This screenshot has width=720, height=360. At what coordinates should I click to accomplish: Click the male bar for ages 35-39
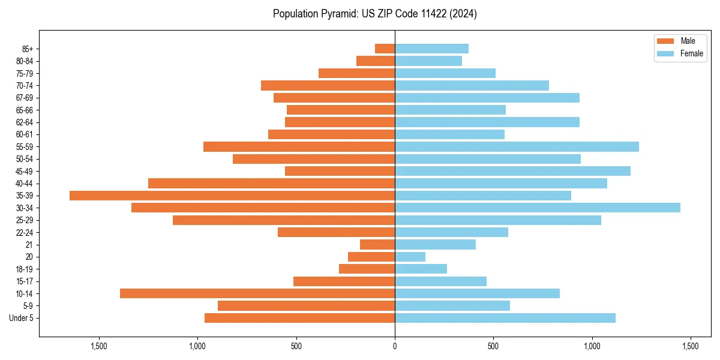point(232,196)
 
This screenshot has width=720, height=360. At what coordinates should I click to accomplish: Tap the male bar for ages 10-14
point(257,293)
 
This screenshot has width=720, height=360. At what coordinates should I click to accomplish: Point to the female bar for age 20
point(410,257)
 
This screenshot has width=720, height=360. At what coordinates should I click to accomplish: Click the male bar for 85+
point(385,49)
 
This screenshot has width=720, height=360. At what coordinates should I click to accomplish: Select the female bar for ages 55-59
point(517,146)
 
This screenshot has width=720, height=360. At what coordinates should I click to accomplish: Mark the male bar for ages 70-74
point(328,85)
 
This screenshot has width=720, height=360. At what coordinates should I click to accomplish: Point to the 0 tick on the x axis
point(395,346)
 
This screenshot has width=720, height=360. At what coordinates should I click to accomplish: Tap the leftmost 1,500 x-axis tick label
point(99,346)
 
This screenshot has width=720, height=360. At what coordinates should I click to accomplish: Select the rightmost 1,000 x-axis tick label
point(592,346)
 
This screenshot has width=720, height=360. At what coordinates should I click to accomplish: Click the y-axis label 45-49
point(25,171)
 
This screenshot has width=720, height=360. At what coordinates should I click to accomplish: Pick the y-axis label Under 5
point(21,318)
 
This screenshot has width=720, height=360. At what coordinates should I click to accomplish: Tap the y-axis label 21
point(29,245)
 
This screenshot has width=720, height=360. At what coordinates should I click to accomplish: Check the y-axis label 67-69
point(25,98)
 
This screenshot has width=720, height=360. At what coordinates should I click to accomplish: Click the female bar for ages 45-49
point(512,171)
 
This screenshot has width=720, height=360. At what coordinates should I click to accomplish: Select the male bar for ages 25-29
point(284,220)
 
